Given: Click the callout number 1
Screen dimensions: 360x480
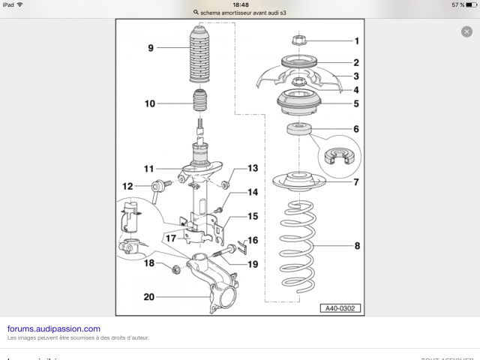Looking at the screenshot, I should tap(357, 40).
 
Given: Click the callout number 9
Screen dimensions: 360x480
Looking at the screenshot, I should tap(151, 49).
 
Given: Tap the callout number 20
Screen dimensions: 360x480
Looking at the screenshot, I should tap(148, 297).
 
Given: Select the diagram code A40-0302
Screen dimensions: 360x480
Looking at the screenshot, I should tap(340, 307).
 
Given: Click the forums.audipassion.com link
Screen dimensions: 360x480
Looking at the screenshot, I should tap(53, 328).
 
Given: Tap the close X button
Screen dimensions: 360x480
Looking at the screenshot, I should tap(466, 31).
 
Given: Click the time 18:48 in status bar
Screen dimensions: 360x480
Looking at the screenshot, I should tap(241, 4).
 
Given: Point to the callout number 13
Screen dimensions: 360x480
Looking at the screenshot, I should tap(253, 168).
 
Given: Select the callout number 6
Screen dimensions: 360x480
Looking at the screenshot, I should tap(357, 129).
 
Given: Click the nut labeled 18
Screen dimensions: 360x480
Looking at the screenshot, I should tap(175, 268).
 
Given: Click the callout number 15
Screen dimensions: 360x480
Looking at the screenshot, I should tap(253, 216).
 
